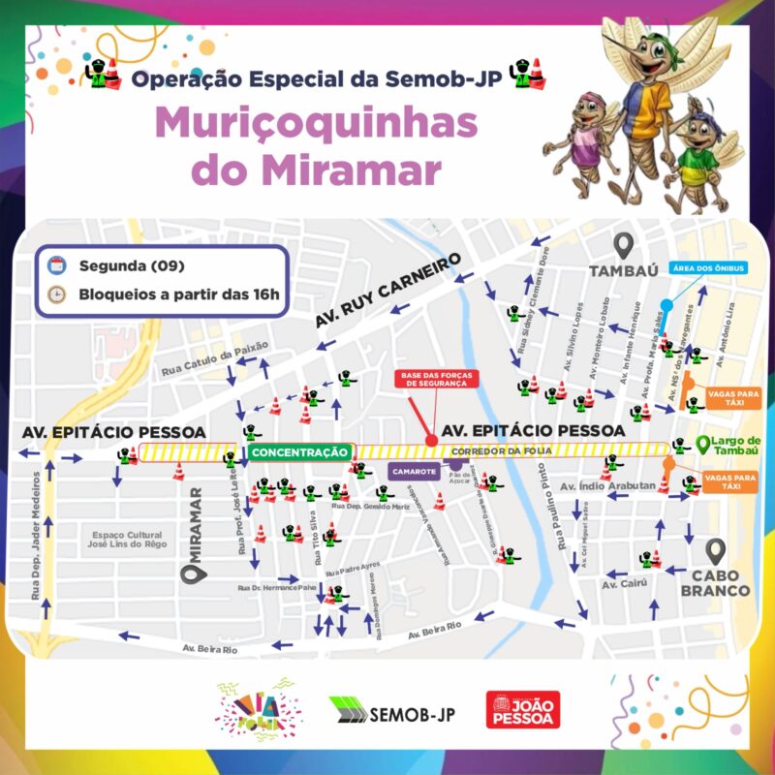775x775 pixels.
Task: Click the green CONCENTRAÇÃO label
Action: [298, 451]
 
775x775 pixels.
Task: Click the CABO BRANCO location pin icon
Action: [716, 552]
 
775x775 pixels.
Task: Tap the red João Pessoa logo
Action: [523, 711]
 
